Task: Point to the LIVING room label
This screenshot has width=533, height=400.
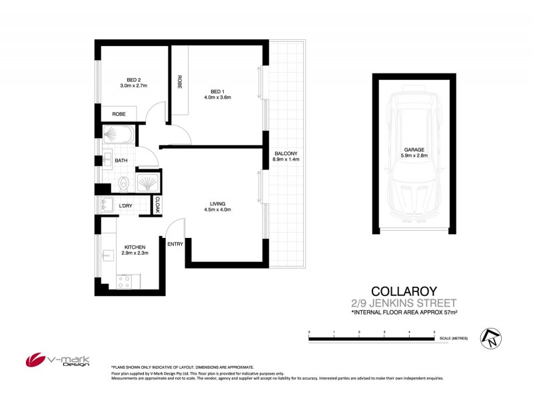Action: pyautogui.click(x=217, y=203)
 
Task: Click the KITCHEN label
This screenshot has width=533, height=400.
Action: pyautogui.click(x=134, y=247)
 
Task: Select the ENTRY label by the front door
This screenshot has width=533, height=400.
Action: pyautogui.click(x=175, y=244)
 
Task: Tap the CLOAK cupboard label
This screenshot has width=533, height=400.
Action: pyautogui.click(x=158, y=205)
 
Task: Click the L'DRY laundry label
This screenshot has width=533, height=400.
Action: pyautogui.click(x=125, y=206)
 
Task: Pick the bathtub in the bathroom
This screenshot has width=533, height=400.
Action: pyautogui.click(x=119, y=137)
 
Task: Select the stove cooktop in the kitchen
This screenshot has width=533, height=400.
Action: pyautogui.click(x=125, y=281)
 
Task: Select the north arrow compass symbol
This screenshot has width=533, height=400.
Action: pyautogui.click(x=491, y=339)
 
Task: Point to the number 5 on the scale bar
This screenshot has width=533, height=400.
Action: pyautogui.click(x=434, y=331)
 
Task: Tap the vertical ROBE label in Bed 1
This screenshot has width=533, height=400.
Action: pyautogui.click(x=180, y=82)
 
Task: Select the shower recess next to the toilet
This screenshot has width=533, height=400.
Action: pyautogui.click(x=148, y=183)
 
